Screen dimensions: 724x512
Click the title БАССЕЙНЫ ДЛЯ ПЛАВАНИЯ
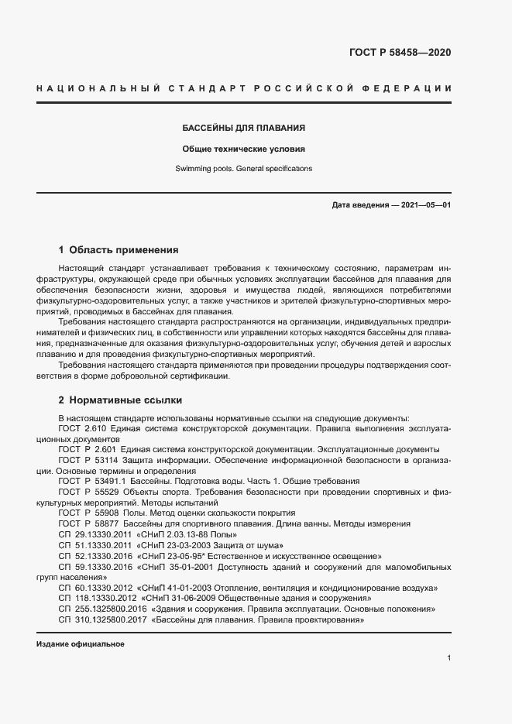(243, 128)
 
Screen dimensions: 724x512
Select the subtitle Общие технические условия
(243, 149)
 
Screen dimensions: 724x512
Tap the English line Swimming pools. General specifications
(243, 168)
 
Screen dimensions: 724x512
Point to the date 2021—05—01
(425, 204)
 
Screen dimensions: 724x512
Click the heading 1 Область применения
(119, 250)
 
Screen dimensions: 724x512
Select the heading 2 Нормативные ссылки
(120, 400)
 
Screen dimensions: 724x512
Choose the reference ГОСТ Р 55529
(82, 492)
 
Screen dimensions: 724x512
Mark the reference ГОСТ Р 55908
(82, 513)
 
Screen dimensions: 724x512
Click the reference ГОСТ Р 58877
(82, 524)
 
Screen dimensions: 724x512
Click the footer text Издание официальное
(80, 644)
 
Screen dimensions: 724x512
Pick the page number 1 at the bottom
(448, 658)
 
